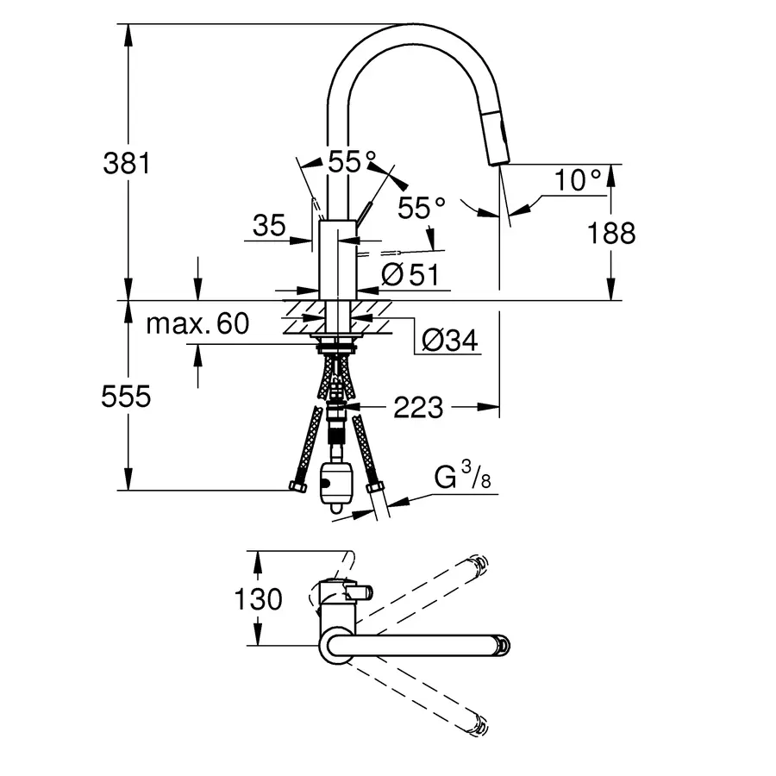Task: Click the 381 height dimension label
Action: (x=127, y=162)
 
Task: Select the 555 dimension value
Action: (x=127, y=396)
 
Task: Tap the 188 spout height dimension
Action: (x=613, y=232)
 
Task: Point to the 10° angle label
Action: (x=577, y=180)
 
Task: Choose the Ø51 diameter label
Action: (x=410, y=274)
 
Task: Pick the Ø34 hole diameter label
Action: (x=449, y=341)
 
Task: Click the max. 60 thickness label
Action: (x=197, y=324)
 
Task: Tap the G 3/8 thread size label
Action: (x=462, y=475)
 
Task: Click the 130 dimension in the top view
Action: (x=258, y=598)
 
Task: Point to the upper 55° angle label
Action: (x=353, y=160)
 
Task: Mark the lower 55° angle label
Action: (x=422, y=207)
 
